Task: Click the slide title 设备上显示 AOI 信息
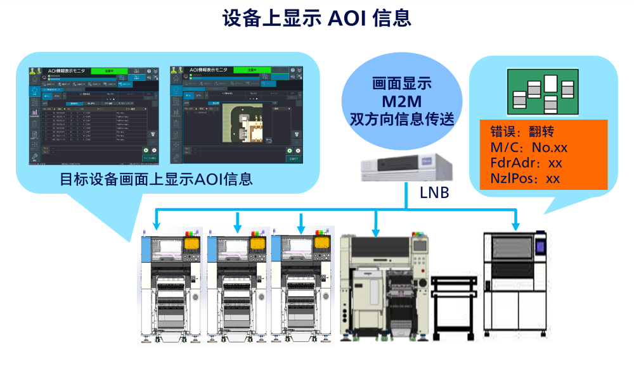pyautogui.click(x=316, y=18)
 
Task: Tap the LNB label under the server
pyautogui.click(x=434, y=192)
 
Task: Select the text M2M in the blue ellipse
pyautogui.click(x=398, y=101)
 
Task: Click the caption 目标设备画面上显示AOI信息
pyautogui.click(x=156, y=179)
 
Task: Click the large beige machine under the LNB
pyautogui.click(x=384, y=285)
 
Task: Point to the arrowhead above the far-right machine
pyautogui.click(x=516, y=225)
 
